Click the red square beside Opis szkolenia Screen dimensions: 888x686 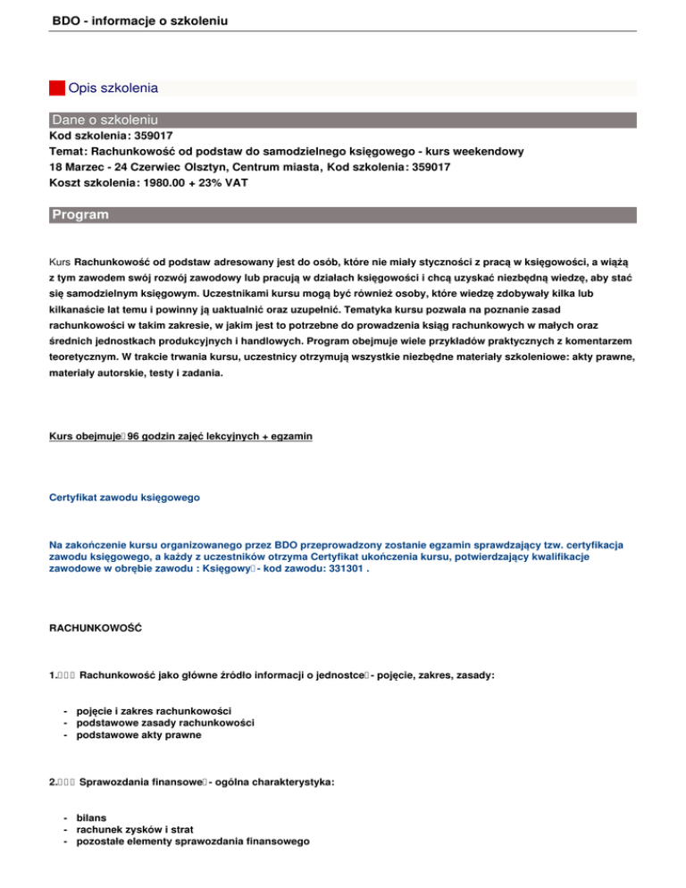click(57, 88)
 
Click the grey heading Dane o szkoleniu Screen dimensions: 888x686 click(105, 120)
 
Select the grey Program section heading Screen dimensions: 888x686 click(80, 215)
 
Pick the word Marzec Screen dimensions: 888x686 click(86, 167)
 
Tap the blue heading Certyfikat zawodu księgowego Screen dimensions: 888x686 click(124, 496)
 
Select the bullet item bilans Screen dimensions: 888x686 click(92, 817)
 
